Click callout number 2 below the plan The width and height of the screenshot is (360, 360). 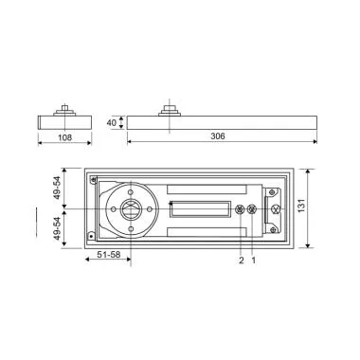click(x=241, y=260)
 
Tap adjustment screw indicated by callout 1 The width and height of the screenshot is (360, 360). click(x=251, y=209)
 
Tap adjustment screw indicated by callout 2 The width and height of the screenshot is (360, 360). click(x=241, y=209)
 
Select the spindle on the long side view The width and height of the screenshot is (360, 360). click(x=171, y=106)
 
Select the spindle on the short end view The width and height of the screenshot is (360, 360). click(x=63, y=108)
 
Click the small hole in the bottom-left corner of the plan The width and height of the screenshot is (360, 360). click(x=90, y=237)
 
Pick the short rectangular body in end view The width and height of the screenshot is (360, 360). click(x=63, y=122)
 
